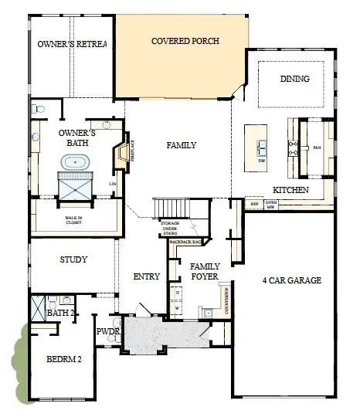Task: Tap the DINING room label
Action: coord(295,79)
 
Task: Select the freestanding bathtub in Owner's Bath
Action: coord(76,163)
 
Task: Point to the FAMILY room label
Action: coord(181,145)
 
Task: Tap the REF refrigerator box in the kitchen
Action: coord(256,206)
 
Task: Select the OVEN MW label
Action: coord(271,205)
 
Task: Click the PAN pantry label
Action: coord(316,147)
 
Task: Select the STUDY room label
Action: coord(73,260)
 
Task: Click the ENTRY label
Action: coord(147,277)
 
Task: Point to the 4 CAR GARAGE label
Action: coord(291,280)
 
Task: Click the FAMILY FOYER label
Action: coord(205,271)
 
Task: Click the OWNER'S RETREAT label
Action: coord(71,44)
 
